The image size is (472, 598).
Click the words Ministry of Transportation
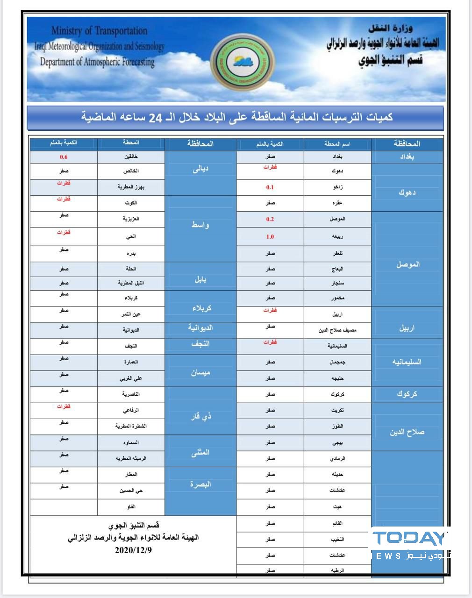point(99,31)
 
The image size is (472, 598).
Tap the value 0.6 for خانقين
point(64,157)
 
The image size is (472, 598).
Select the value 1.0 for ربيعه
point(270,236)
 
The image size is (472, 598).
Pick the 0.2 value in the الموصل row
point(270,219)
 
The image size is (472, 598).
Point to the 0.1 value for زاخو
point(270,187)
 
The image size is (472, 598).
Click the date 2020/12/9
point(133,550)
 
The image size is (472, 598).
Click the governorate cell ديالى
point(200,170)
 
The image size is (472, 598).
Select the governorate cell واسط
point(200,225)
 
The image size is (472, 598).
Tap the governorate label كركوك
point(407,394)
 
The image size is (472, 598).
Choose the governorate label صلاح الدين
point(407,432)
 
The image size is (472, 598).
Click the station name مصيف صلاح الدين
point(337,330)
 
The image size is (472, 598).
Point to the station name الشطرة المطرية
point(131,426)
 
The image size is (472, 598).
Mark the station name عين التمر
point(131,314)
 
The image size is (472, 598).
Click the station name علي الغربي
point(131,378)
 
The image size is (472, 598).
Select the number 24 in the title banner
point(155,117)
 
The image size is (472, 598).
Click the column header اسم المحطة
point(337,144)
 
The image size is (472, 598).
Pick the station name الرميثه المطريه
point(131,458)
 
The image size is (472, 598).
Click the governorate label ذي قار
point(200,416)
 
